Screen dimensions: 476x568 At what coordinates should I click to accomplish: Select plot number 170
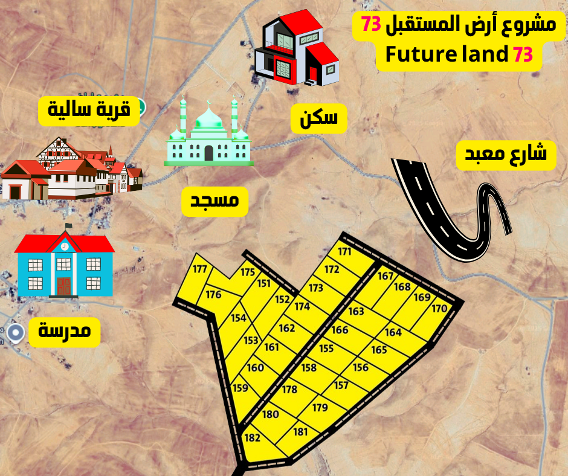[439, 309]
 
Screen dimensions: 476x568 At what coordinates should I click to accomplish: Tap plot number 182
[253, 437]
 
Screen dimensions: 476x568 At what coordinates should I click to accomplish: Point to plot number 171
[344, 252]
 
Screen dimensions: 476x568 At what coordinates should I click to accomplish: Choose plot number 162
[287, 328]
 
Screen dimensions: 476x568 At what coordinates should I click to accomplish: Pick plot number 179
[320, 408]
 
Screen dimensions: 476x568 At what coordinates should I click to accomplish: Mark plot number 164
[393, 332]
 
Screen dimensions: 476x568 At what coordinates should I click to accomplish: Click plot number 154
[239, 318]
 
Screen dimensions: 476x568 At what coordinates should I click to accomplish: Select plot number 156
[361, 368]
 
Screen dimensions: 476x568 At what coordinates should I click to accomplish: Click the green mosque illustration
[209, 133]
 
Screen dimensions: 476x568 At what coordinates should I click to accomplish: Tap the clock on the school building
[65, 246]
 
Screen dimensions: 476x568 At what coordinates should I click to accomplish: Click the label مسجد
[215, 203]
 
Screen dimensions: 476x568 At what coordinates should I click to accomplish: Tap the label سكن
[319, 119]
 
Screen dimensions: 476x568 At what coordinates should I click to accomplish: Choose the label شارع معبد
[506, 154]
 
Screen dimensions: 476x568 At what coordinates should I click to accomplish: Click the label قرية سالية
[89, 111]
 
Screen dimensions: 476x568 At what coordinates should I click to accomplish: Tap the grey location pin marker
[16, 332]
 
